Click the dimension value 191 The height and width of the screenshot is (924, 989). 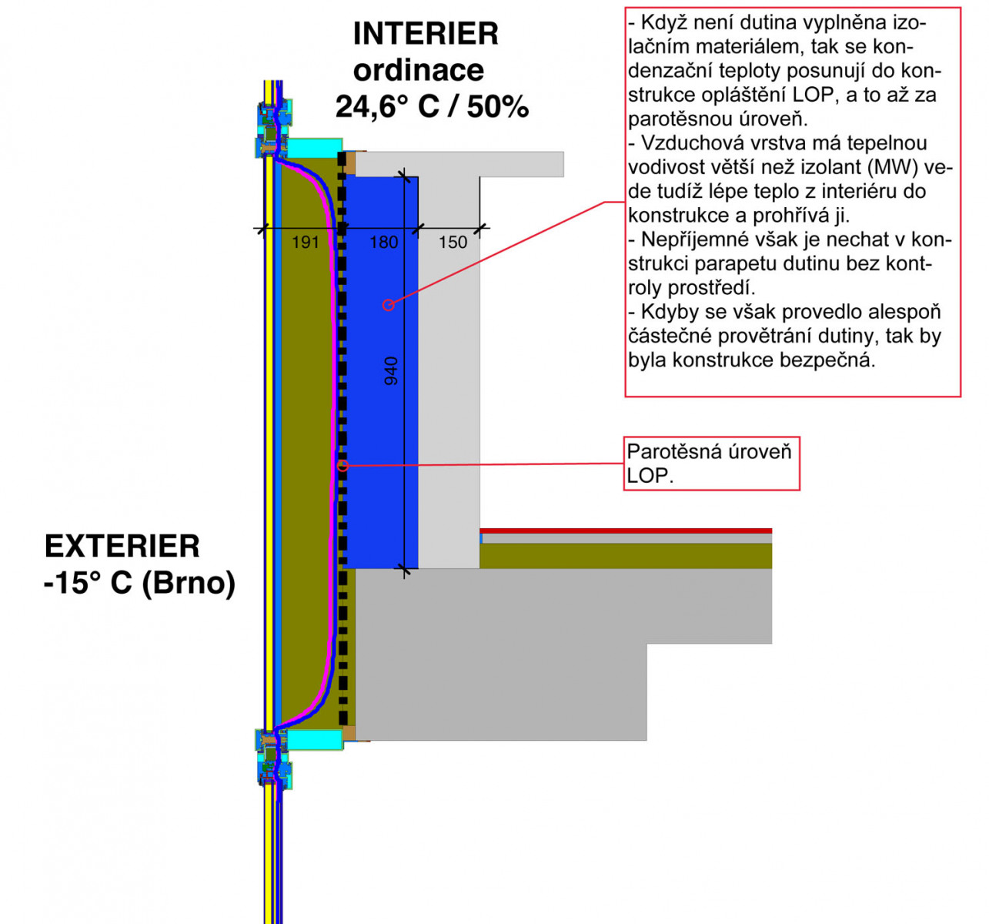[x=306, y=242]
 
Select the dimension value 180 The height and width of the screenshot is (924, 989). [x=383, y=242]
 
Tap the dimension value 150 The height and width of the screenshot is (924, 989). [x=453, y=242]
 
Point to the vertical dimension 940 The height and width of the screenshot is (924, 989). [x=391, y=371]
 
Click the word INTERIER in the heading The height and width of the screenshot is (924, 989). [x=426, y=34]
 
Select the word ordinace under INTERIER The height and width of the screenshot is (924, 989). [x=419, y=70]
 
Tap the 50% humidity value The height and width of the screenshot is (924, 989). [x=498, y=106]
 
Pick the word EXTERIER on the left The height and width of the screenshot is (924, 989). [x=122, y=546]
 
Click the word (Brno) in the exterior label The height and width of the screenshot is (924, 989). [x=189, y=582]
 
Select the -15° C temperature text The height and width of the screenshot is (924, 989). [x=89, y=582]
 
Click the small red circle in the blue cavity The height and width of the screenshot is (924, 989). [x=389, y=305]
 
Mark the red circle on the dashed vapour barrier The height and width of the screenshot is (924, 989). [x=343, y=466]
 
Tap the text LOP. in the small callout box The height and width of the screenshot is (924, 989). [x=650, y=476]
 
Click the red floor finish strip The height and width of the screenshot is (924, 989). [x=625, y=531]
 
